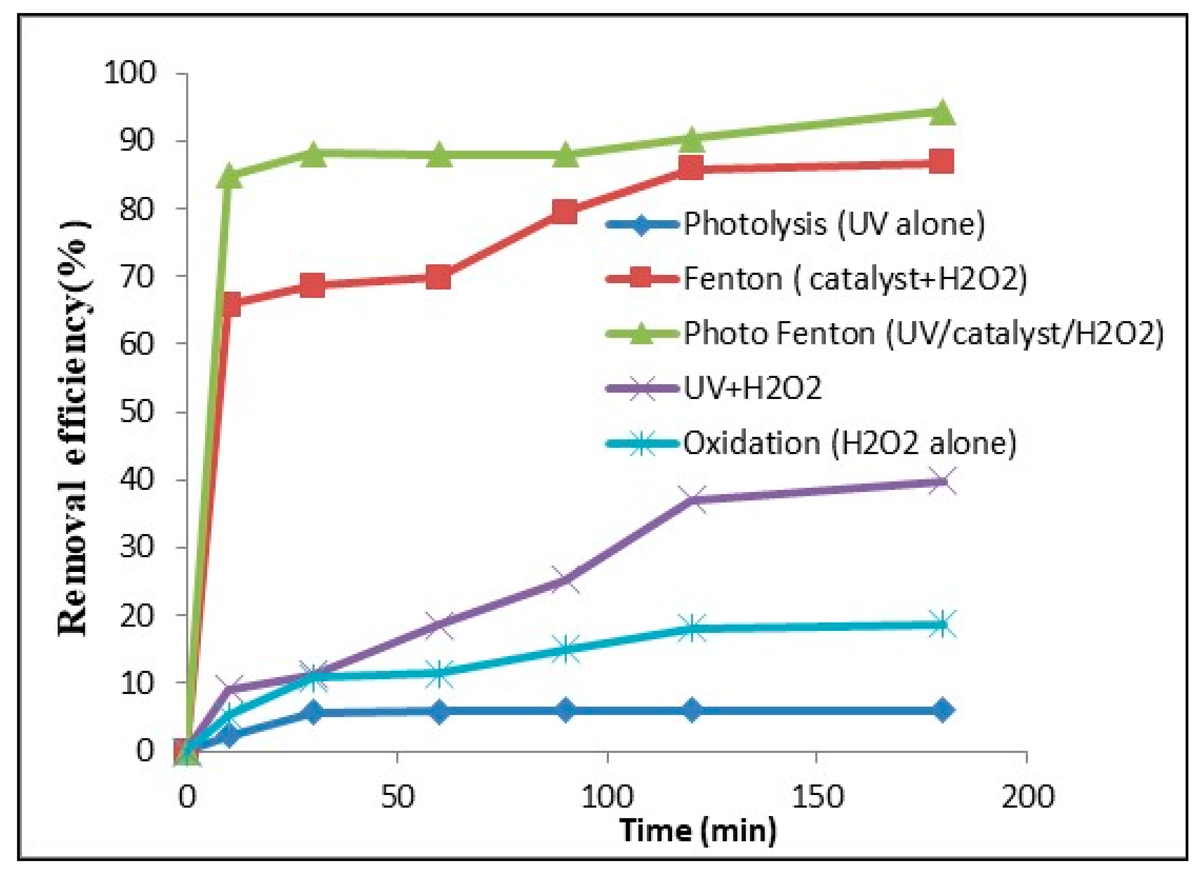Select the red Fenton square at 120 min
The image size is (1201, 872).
pyautogui.click(x=691, y=168)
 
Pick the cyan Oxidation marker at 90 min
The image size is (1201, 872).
pyautogui.click(x=566, y=649)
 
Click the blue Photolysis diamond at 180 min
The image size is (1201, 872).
pyautogui.click(x=942, y=710)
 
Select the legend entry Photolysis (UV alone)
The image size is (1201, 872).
pyautogui.click(x=834, y=224)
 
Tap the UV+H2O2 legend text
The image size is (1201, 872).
pyautogui.click(x=752, y=388)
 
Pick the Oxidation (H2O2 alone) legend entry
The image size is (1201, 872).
pyautogui.click(x=849, y=443)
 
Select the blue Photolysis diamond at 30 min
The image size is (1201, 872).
pyautogui.click(x=312, y=712)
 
